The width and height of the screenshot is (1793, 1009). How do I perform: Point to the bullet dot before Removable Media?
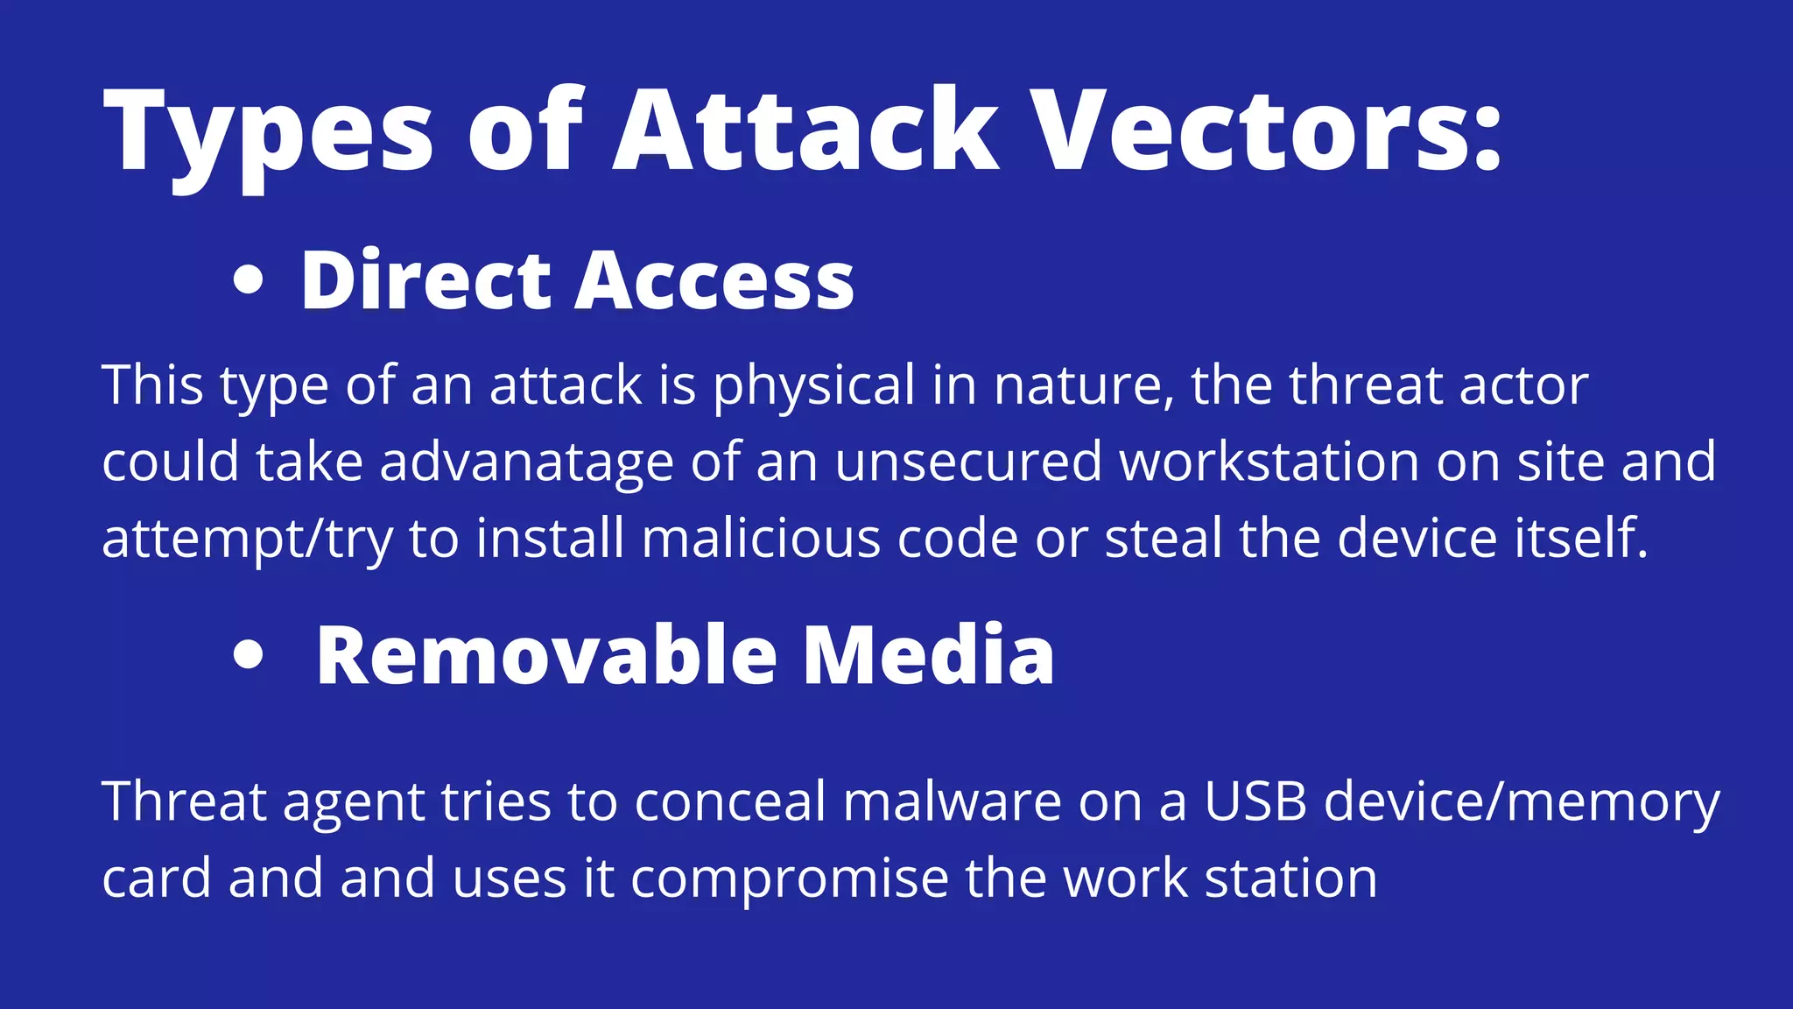249,655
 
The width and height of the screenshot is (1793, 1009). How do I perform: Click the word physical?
814,386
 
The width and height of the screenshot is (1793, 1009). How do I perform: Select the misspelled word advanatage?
526,462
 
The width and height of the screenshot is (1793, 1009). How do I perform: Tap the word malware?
952,801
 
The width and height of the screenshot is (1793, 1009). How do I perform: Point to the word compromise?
789,879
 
